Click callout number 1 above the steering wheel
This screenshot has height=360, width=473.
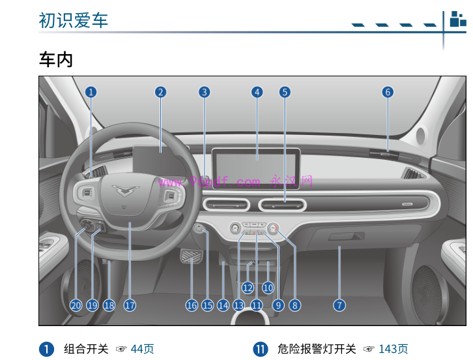[x=91, y=92]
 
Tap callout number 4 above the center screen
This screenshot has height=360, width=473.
[x=257, y=92]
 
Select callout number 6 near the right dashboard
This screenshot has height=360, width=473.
[x=388, y=92]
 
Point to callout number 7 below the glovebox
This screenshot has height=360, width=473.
[x=339, y=305]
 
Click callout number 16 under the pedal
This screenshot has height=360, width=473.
[x=192, y=305]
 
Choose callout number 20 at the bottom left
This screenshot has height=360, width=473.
[x=76, y=305]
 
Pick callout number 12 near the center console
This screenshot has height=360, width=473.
[x=248, y=287]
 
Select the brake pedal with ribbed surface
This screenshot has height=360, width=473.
[x=192, y=264]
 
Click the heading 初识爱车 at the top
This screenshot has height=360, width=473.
[x=74, y=20]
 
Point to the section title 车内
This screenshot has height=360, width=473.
[x=55, y=60]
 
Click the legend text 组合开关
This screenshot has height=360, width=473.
[x=86, y=350]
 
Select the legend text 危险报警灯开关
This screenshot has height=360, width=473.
[x=317, y=350]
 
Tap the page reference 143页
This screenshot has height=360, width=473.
[x=394, y=350]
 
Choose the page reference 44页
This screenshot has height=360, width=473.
[x=142, y=350]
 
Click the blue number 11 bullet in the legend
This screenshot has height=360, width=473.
[x=261, y=350]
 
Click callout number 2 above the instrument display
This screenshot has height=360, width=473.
[x=161, y=92]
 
